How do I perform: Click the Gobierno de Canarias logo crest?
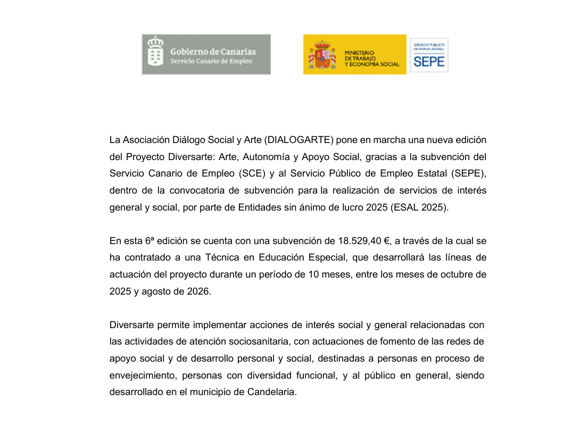point(155,54)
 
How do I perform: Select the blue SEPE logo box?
point(429,55)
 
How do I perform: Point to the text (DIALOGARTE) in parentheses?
point(300,140)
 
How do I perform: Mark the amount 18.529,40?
point(360,241)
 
